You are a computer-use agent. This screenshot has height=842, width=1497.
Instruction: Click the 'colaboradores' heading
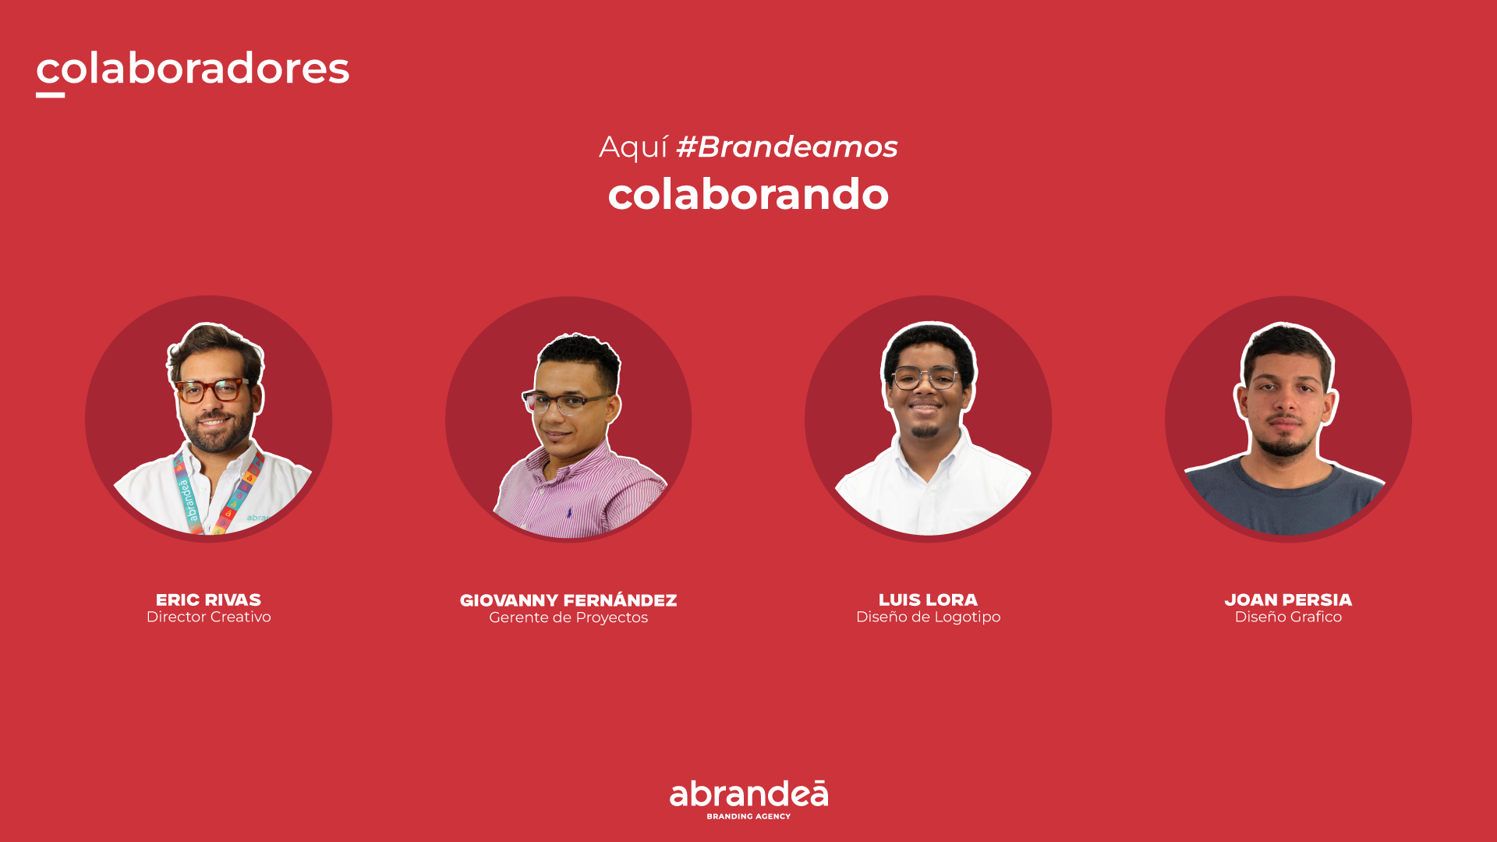click(193, 69)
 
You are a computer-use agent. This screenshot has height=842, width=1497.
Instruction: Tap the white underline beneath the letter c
click(50, 95)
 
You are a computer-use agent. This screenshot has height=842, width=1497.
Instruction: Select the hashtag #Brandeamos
click(787, 147)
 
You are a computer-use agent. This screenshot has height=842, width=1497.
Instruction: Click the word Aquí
click(633, 147)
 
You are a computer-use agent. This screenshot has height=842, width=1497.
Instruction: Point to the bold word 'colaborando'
click(748, 194)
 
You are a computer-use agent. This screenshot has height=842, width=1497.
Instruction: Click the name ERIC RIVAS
click(208, 600)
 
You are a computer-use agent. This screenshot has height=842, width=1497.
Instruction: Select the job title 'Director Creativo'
click(208, 617)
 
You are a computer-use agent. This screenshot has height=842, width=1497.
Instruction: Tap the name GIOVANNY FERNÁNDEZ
click(568, 600)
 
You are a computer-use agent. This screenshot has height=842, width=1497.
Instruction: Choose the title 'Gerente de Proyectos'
click(568, 617)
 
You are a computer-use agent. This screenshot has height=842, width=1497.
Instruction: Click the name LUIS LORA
click(928, 600)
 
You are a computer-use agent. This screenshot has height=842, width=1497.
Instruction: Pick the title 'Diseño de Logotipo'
click(928, 617)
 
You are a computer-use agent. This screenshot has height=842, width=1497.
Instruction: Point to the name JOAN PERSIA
click(1288, 600)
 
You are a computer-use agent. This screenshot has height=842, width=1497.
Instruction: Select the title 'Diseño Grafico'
click(1288, 617)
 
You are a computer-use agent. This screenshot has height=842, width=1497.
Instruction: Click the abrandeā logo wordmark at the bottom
click(748, 794)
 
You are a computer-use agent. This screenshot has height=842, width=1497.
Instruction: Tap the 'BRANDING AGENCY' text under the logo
click(748, 816)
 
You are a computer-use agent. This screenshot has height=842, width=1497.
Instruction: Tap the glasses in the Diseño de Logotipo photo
click(925, 378)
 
